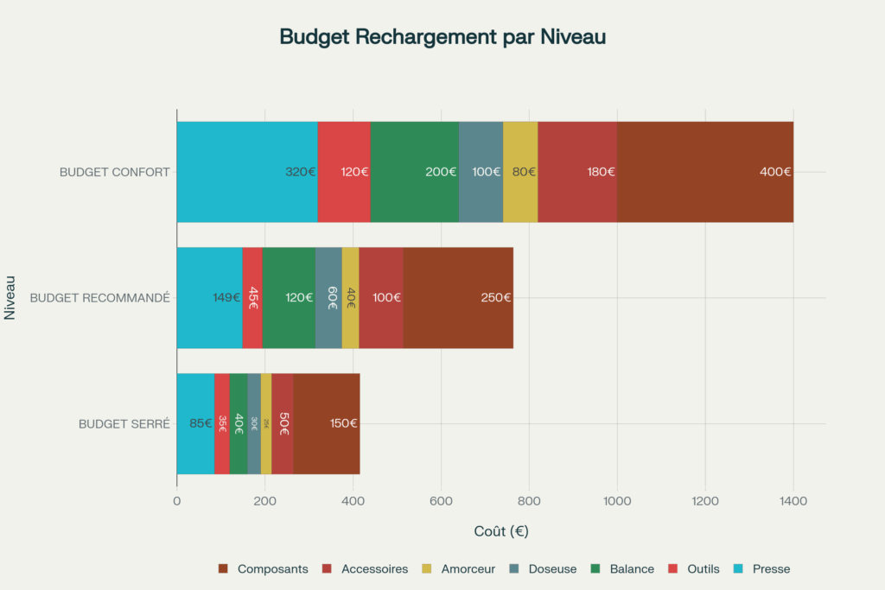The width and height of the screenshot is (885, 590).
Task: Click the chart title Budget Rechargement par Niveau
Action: coord(442,37)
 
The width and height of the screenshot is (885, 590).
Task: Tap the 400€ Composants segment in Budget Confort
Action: coord(704,172)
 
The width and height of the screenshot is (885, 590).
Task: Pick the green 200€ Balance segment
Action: coord(414,172)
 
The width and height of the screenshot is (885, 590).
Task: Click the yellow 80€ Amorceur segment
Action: coord(520,172)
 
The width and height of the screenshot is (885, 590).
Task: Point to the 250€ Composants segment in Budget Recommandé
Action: coord(458,298)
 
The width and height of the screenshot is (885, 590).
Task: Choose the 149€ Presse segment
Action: coord(209,298)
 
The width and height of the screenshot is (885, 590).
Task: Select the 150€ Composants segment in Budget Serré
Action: coord(326,423)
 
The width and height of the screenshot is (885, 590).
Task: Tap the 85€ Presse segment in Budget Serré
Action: coord(195,423)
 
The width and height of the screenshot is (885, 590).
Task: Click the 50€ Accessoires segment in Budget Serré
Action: coord(283,423)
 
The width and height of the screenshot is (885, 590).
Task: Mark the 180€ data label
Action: coord(601,172)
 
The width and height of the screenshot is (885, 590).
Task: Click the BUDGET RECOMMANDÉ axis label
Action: coord(99,298)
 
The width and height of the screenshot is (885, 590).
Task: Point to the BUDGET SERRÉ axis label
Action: coord(124,424)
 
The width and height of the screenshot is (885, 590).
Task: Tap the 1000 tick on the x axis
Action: coord(617,500)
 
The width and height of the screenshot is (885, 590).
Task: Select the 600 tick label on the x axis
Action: coord(441,500)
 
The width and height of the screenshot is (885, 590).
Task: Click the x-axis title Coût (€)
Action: coord(500,531)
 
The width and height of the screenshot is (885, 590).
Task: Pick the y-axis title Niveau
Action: coord(10,298)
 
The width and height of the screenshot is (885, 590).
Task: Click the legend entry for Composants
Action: coord(264,568)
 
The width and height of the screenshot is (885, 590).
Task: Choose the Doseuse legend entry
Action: coord(544,568)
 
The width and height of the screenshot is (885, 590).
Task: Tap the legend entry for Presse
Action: coord(763,568)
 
